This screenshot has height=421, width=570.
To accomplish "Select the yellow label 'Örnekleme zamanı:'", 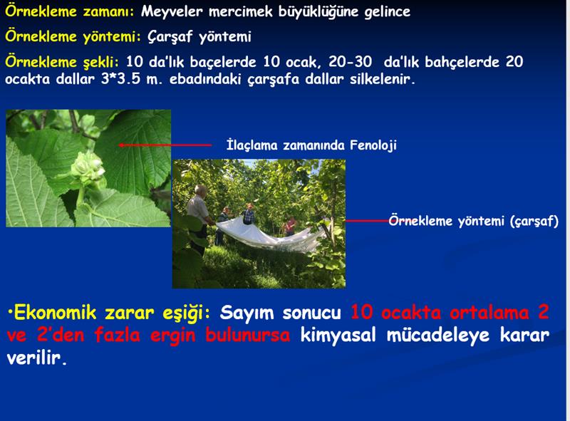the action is pos(69,11).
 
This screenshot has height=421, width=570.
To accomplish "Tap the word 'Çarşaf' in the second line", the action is pos(170,37).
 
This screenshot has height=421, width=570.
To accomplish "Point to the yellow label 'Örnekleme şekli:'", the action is pos(62,62).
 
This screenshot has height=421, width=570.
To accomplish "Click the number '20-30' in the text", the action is pos(351,62).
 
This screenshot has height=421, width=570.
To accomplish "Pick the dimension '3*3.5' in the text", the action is pos(120,79).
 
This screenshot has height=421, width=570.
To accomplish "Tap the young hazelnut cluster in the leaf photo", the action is pos(88,167).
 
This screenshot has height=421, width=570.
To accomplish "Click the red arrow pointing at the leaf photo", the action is pos(165,145).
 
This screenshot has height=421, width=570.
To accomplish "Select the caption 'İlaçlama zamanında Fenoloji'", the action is pos(311,145).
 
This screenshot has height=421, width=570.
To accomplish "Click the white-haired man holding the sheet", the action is pos(199,218).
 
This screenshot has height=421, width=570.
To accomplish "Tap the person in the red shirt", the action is pos(290,226).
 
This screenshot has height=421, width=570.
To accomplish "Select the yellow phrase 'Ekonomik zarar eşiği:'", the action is pos(109,313).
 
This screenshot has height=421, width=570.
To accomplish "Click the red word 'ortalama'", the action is pos(489,313).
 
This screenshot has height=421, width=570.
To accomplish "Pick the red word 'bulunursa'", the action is pos(247,335).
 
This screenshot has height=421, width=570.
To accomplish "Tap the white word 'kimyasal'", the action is pos(338,336).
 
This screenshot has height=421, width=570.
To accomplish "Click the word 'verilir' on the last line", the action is pos(37,358).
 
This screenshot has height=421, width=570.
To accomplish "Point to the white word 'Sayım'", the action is pos(247,313).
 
